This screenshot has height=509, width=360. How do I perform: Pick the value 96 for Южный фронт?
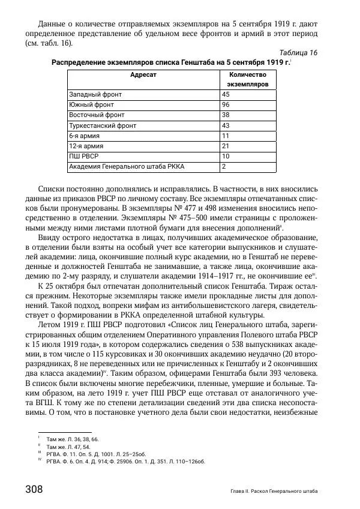(226, 104)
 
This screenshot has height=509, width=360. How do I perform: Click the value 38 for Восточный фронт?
(226, 115)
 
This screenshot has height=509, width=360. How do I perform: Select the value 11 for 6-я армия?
(226, 136)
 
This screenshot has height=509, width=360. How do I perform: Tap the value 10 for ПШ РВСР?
(226, 156)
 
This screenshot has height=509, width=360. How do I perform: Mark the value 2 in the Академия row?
(224, 166)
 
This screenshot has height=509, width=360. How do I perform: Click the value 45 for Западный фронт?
(226, 94)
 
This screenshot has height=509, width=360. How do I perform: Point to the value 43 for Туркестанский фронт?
(226, 125)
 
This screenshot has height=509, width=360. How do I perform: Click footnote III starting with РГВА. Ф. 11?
(106, 455)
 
